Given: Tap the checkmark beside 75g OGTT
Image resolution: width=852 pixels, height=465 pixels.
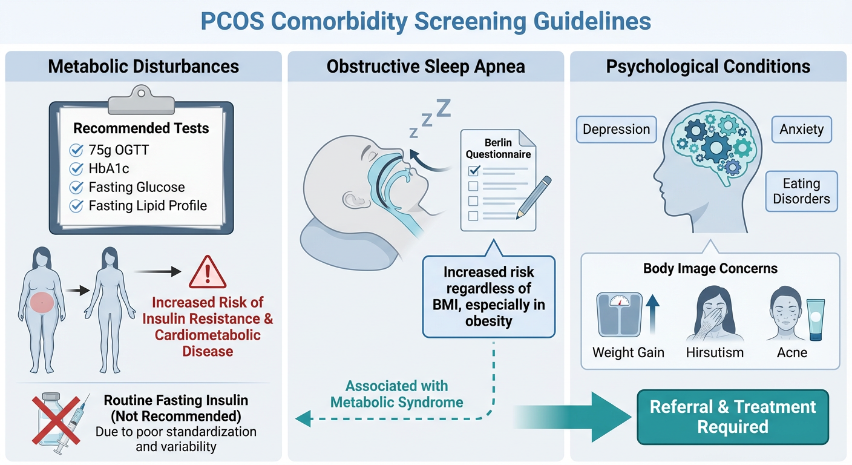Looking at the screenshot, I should click(x=77, y=150).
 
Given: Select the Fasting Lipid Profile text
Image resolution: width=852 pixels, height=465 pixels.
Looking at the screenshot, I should click(x=148, y=206).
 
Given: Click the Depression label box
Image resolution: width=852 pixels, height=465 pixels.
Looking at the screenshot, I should click(x=616, y=130).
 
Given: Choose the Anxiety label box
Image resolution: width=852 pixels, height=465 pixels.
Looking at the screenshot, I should click(x=801, y=130).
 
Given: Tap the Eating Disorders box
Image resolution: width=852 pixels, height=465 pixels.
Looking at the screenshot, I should click(x=801, y=191).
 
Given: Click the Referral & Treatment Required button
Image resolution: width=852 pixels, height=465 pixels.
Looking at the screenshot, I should click(x=733, y=417).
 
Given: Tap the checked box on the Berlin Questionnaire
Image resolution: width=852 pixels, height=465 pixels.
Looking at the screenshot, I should click(x=473, y=171).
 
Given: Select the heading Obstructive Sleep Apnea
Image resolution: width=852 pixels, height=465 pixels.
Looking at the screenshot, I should click(x=425, y=67).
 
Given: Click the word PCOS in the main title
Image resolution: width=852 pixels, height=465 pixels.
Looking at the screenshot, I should click(x=232, y=21).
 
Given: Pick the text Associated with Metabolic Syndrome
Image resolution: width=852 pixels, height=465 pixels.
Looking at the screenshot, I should click(x=396, y=394).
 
